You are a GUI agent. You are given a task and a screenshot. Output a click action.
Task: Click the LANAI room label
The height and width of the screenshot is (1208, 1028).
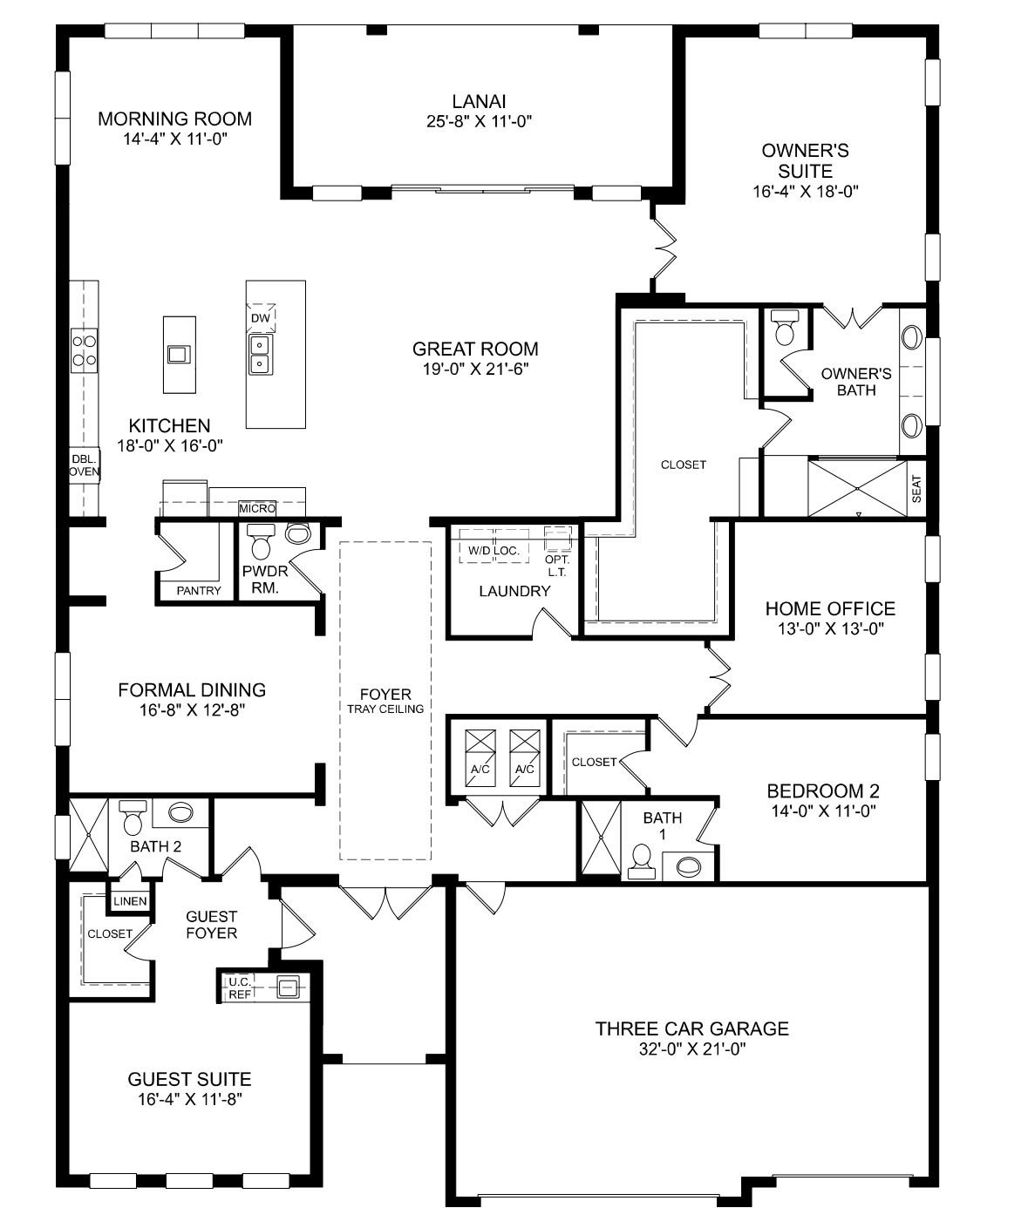click(479, 101)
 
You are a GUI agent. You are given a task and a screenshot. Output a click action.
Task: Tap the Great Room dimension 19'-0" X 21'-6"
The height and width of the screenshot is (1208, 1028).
click(475, 369)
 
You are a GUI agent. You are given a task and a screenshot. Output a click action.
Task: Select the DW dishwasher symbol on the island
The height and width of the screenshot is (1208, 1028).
click(261, 318)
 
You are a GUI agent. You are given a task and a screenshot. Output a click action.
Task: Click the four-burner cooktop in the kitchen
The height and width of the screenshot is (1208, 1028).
click(85, 350)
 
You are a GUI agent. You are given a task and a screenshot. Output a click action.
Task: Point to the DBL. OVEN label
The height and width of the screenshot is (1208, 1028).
click(85, 465)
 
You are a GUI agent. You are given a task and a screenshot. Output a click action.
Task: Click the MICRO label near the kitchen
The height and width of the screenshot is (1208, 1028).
click(257, 508)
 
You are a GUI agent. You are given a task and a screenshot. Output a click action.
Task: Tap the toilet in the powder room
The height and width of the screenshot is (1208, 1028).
click(261, 542)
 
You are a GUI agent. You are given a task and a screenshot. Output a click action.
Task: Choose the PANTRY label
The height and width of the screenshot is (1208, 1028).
click(199, 591)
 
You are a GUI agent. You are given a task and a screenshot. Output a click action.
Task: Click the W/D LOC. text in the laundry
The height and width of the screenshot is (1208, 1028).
click(494, 551)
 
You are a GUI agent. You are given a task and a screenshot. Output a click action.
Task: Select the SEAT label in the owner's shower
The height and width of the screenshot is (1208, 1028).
click(916, 489)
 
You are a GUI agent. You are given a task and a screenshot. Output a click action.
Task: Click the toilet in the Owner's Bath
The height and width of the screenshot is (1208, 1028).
click(784, 328)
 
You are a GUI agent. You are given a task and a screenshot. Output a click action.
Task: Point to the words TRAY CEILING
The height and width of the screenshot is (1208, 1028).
click(385, 709)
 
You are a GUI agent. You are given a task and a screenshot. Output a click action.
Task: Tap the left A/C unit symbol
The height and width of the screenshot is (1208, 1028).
click(480, 757)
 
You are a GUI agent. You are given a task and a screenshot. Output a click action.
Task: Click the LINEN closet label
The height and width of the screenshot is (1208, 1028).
click(130, 901)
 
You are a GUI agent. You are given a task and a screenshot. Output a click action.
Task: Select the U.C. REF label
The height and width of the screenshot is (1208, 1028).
click(240, 988)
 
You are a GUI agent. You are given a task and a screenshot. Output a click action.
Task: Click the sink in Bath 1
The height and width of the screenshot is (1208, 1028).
click(688, 866)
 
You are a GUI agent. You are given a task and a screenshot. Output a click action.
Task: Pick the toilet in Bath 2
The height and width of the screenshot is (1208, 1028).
click(133, 818)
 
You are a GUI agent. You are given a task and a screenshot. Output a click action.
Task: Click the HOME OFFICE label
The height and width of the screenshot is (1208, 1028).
click(830, 608)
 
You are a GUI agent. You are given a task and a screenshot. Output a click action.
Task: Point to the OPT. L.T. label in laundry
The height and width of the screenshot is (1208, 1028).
click(556, 566)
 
